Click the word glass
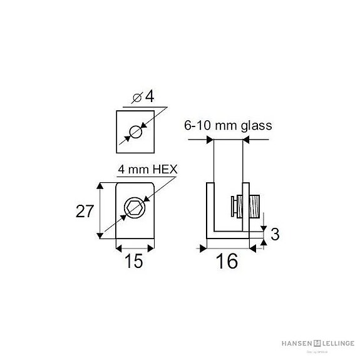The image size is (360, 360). pyautogui.click(x=257, y=125)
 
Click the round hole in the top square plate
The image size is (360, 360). pyautogui.click(x=135, y=131)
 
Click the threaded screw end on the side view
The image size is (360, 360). pyautogui.click(x=254, y=205)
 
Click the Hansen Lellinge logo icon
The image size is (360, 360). pyautogui.click(x=317, y=343)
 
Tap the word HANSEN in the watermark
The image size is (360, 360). pyautogui.click(x=296, y=343)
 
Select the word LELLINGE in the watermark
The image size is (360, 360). pyautogui.click(x=339, y=343)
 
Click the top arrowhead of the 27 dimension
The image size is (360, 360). pyautogui.click(x=100, y=187)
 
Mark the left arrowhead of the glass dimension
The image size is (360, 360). pyautogui.click(x=210, y=140)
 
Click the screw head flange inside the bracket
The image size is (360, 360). pyautogui.click(x=234, y=205)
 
